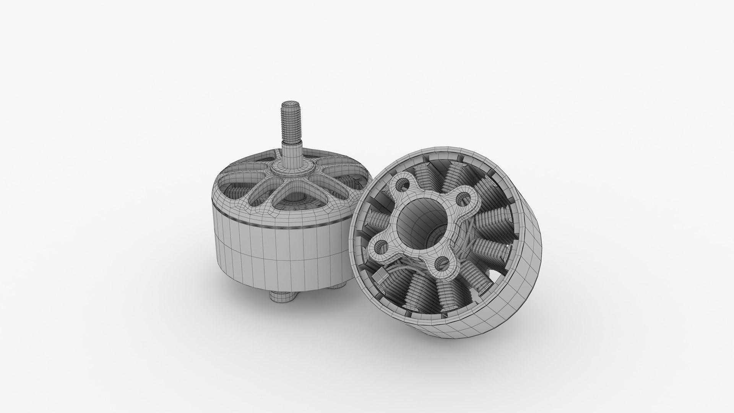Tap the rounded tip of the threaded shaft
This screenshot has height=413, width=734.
[289, 104]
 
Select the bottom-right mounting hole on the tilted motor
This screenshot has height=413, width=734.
[443, 262]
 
